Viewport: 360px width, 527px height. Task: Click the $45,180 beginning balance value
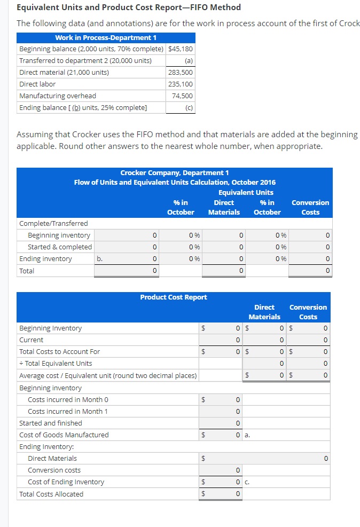181,49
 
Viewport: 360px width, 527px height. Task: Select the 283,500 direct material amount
181,73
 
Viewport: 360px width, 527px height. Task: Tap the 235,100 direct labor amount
181,84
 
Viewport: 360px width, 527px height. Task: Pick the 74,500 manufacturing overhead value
183,96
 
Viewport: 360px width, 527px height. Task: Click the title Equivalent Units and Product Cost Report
129,7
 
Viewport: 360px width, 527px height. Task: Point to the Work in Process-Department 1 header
106,37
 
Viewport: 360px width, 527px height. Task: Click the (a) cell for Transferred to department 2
187,61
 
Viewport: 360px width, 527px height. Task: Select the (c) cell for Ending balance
187,108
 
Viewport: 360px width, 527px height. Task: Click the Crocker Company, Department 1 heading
175,172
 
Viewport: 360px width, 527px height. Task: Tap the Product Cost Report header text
174,297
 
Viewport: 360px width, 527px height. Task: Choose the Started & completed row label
60,247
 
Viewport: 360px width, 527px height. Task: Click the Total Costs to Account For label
59,352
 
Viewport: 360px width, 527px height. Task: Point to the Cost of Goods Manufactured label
64,435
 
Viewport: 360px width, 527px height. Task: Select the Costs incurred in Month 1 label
68,412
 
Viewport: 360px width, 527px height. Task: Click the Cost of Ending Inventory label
66,482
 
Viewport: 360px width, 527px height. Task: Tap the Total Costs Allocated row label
51,494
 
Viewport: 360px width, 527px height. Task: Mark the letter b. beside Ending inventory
99,259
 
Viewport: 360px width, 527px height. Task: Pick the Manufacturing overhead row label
58,96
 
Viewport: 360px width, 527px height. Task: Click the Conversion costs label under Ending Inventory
54,470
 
